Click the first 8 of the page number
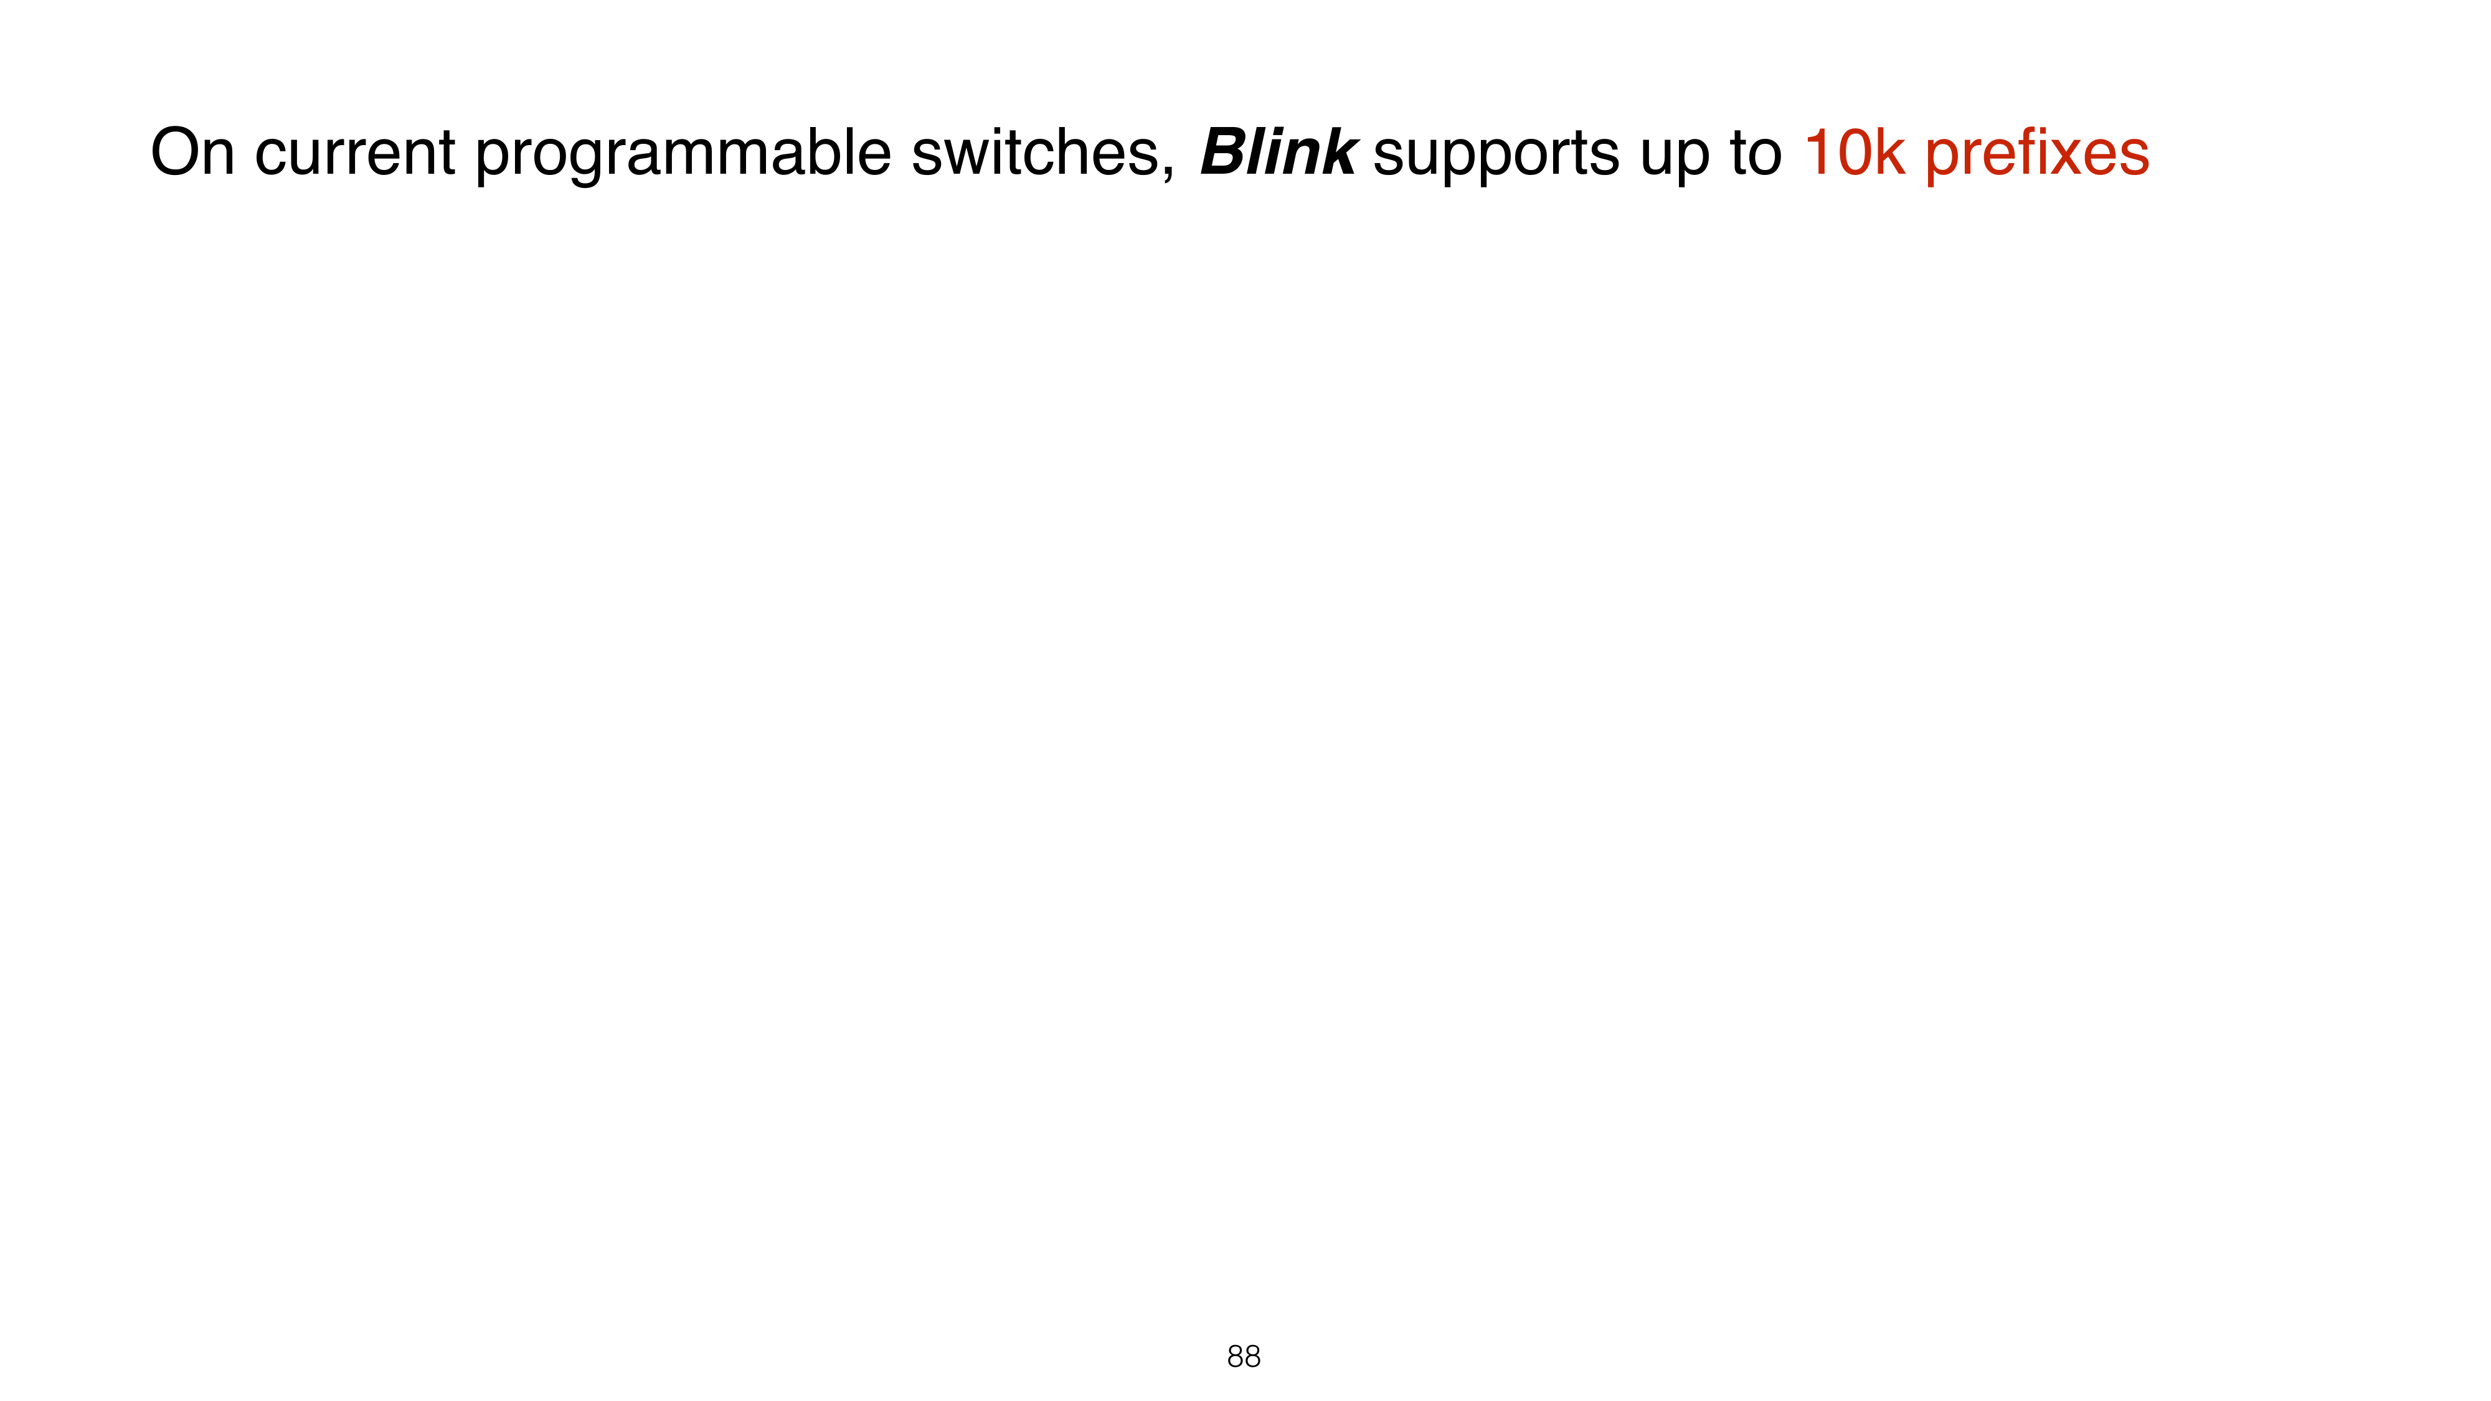click(1235, 1357)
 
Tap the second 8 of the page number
click(1252, 1357)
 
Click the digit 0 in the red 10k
click(1855, 153)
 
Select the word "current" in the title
click(355, 154)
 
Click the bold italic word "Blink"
click(1279, 153)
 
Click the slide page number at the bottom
click(1244, 1357)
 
